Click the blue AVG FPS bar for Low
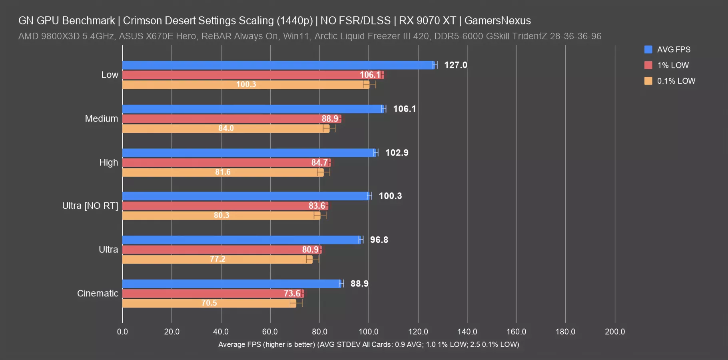pos(278,65)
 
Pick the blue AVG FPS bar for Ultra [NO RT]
pos(246,196)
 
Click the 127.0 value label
pos(455,65)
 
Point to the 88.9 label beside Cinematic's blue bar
pos(359,284)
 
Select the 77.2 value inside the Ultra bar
pos(217,259)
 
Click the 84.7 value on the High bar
pos(319,162)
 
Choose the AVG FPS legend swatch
pos(648,50)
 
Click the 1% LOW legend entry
pos(673,65)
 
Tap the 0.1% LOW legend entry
pos(676,81)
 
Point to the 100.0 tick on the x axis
pos(369,332)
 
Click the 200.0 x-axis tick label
pos(614,332)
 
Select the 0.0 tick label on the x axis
pos(122,332)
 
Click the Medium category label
pos(102,119)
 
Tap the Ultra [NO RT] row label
pos(90,206)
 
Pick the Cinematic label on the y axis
pos(98,294)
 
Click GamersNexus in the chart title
pos(497,20)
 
